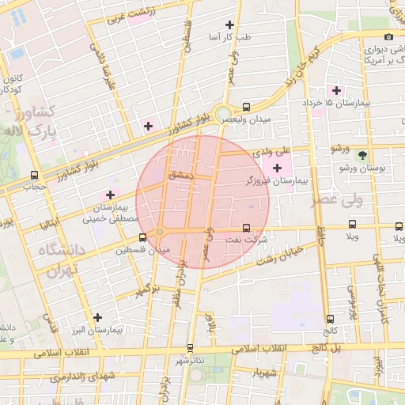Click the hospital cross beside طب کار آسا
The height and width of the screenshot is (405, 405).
coord(229,25)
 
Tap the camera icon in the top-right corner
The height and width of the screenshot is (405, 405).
coord(388,36)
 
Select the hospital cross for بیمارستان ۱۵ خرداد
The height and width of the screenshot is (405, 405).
coord(337,91)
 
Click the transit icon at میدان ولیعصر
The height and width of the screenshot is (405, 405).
coord(246,106)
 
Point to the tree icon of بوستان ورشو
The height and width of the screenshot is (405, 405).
coord(362,156)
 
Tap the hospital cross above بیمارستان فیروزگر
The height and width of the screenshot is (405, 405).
coord(276,167)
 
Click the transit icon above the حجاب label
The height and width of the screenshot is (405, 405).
coord(34,175)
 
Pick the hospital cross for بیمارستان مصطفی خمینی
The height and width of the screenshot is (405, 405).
coord(110,195)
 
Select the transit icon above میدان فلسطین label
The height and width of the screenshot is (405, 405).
coord(142,237)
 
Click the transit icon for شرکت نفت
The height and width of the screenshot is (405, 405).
coord(246,228)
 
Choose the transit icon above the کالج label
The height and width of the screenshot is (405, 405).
coord(330,319)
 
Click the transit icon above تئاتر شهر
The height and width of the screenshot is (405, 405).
coord(190,347)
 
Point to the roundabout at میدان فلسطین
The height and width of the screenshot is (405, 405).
coord(159,232)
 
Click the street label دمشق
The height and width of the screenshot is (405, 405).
coord(180,175)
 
